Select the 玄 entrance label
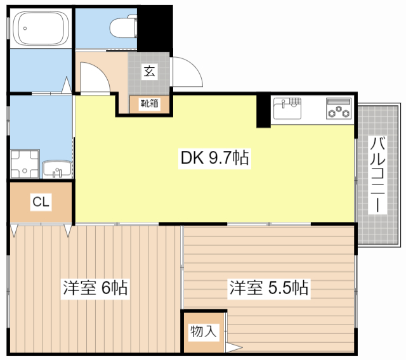[149, 71]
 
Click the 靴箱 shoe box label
[150, 103]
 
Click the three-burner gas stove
[339, 108]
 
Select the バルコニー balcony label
[378, 174]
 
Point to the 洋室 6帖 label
[95, 288]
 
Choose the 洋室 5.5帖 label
[268, 288]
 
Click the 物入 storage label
[204, 330]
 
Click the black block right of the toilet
[155, 26]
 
